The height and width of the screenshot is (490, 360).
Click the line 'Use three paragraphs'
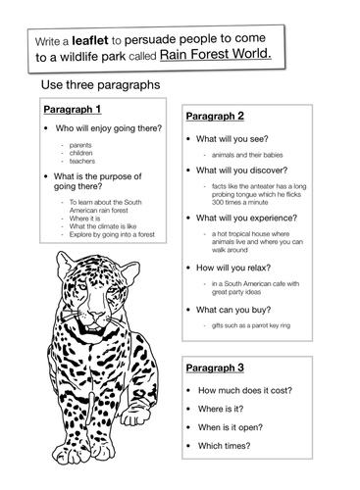(x=101, y=86)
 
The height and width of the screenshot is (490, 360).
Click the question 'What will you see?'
(x=233, y=140)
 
